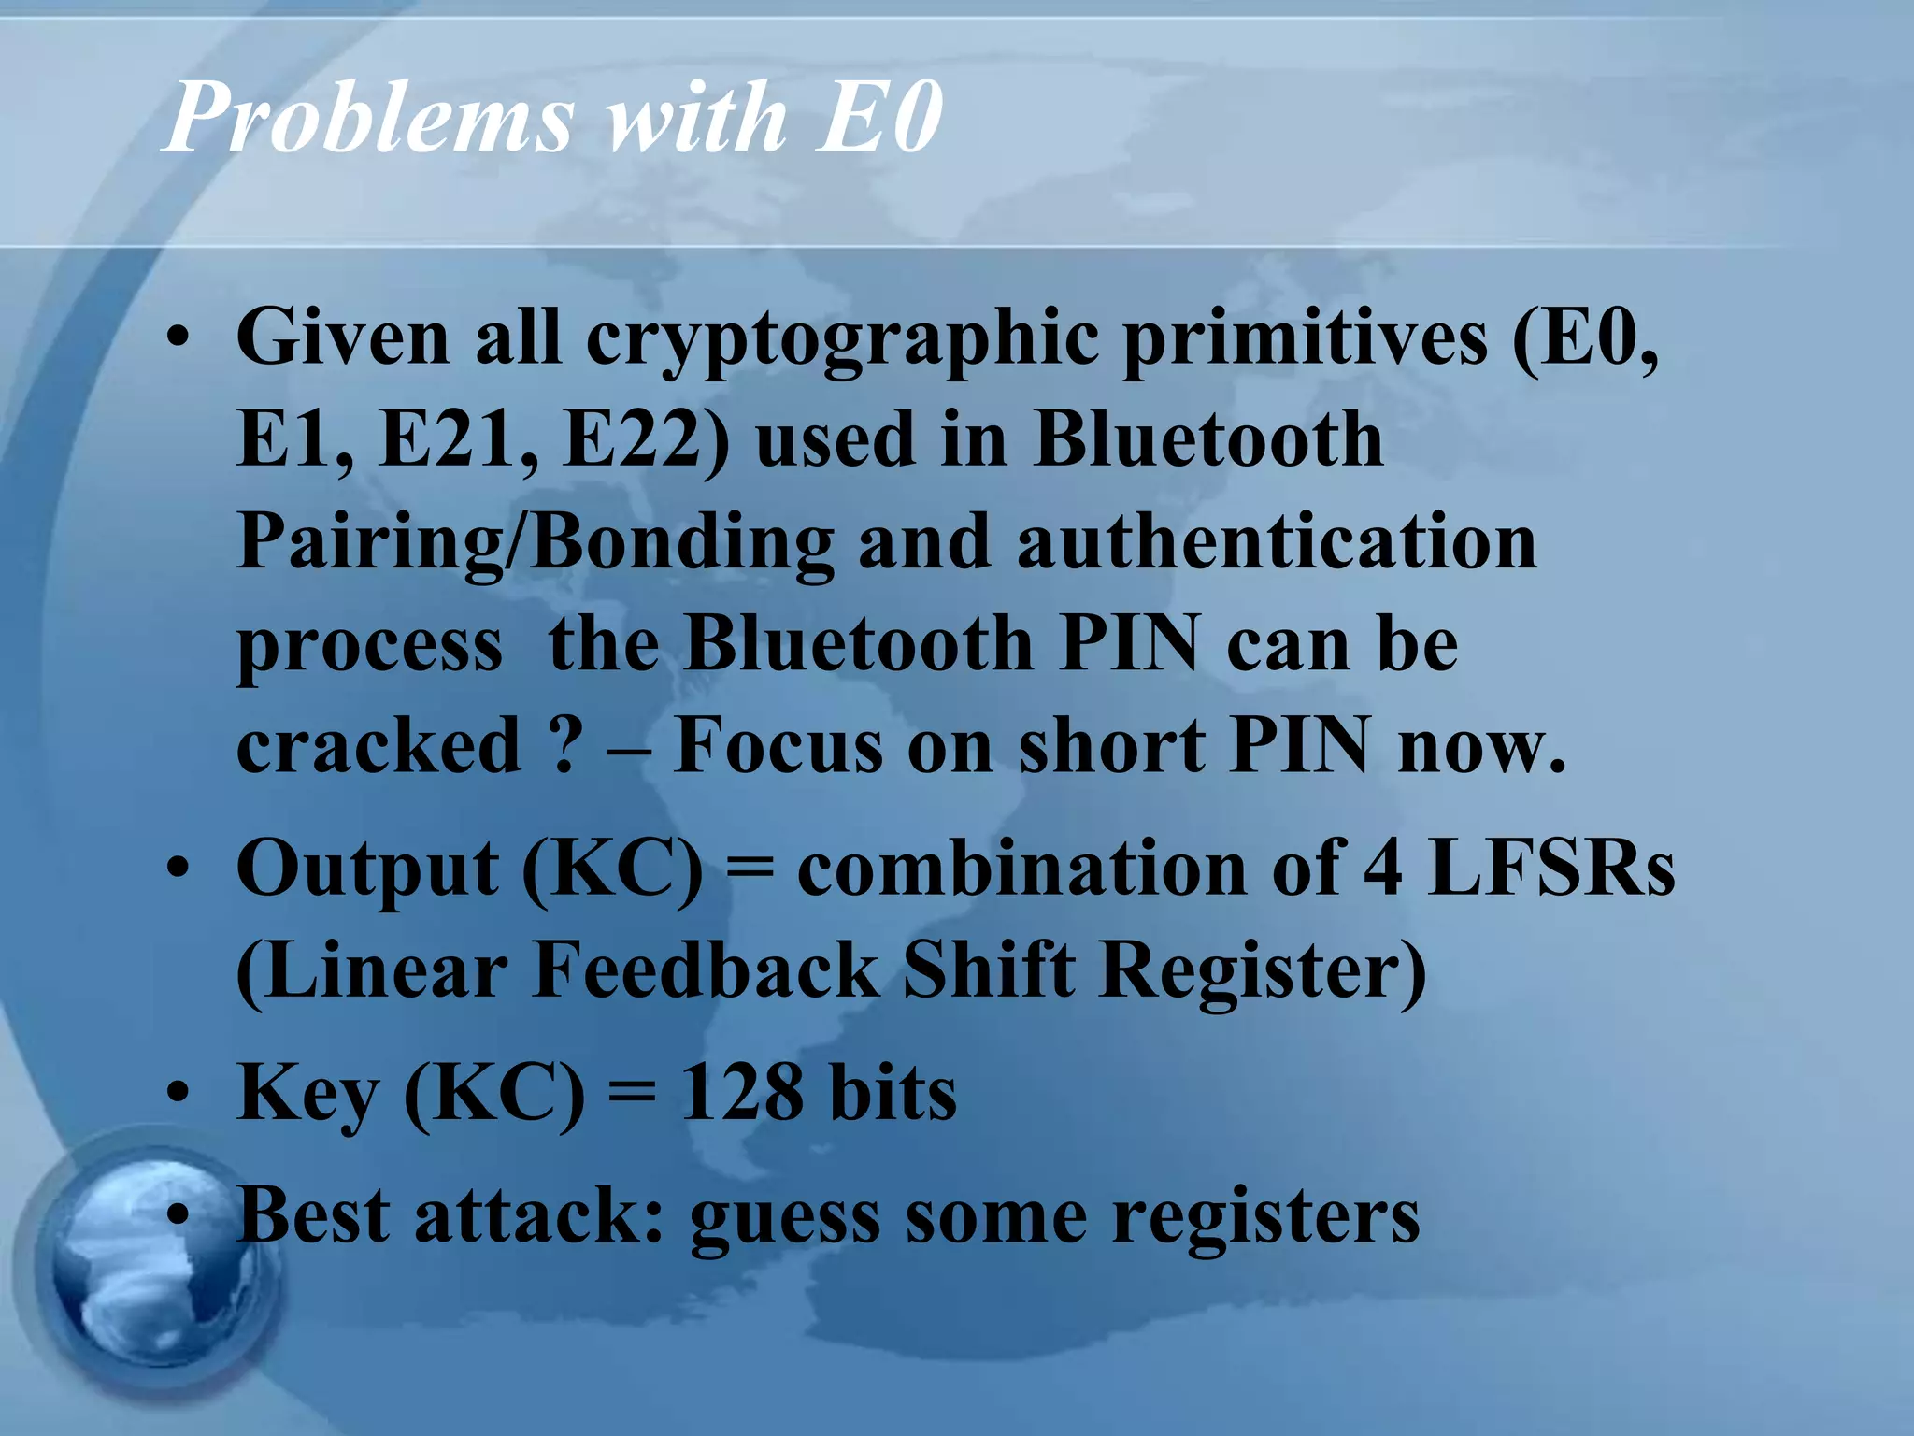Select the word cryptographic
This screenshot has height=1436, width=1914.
843,338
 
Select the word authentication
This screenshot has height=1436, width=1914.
1277,542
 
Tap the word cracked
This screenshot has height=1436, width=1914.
379,745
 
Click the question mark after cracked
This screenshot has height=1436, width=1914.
564,745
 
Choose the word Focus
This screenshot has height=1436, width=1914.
777,745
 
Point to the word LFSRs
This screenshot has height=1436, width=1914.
1551,868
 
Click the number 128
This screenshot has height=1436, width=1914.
741,1092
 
